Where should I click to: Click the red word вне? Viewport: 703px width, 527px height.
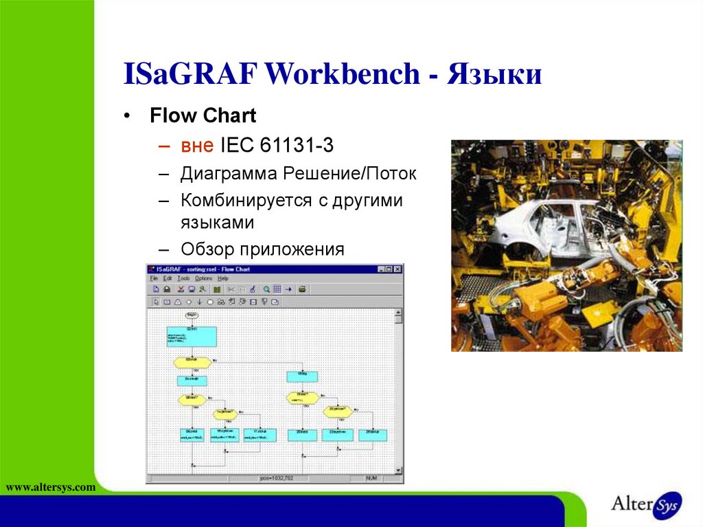pyautogui.click(x=198, y=145)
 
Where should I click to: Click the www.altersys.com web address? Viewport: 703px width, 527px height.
pyautogui.click(x=50, y=487)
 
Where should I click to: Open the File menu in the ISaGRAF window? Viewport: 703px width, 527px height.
pyautogui.click(x=154, y=278)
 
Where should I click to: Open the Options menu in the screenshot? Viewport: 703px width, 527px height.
pyautogui.click(x=203, y=278)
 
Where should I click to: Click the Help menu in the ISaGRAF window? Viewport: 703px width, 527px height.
pyautogui.click(x=223, y=278)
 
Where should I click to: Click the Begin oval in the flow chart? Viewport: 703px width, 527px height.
pyautogui.click(x=192, y=315)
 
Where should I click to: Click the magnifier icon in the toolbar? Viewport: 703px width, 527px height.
pyautogui.click(x=266, y=290)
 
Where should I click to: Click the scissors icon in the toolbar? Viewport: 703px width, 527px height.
pyautogui.click(x=231, y=290)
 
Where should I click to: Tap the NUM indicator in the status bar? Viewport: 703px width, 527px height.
pyautogui.click(x=371, y=478)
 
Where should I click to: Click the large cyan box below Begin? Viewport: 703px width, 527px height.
pyautogui.click(x=192, y=337)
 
